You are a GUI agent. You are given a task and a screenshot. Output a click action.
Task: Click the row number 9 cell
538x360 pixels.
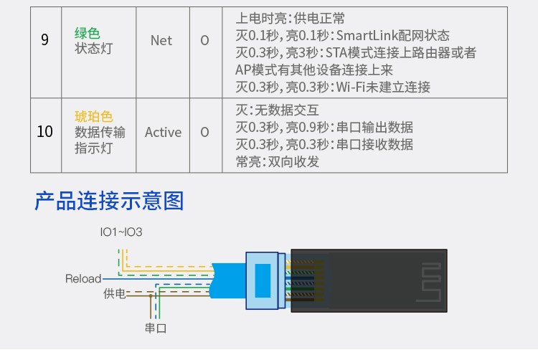[x=45, y=40]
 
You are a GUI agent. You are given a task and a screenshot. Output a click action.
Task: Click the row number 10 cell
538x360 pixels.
[x=45, y=132]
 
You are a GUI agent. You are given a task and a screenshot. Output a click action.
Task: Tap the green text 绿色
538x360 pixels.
[x=88, y=33]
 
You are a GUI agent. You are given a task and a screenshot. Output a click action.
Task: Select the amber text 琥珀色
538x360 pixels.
[x=94, y=116]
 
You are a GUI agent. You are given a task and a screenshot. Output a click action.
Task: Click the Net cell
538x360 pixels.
[x=161, y=40]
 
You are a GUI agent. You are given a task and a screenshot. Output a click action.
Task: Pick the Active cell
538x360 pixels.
[x=163, y=132]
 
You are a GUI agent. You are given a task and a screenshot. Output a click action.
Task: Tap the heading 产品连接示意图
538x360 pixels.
[x=109, y=200]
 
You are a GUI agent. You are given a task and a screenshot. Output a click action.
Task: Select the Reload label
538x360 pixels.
[x=83, y=278]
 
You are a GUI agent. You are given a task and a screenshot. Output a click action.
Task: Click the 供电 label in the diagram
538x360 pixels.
[x=114, y=293]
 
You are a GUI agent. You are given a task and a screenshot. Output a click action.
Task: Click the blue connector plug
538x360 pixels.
[x=263, y=280]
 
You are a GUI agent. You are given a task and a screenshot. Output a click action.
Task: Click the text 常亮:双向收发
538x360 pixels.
[x=278, y=162]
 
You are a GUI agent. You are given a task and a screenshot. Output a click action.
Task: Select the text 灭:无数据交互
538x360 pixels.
[x=277, y=110]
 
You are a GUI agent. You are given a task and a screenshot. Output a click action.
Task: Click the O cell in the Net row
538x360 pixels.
[x=204, y=40]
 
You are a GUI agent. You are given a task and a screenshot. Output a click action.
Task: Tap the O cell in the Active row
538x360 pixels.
[x=204, y=132]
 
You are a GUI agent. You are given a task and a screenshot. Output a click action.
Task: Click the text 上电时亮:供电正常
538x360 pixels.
[x=295, y=19]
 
